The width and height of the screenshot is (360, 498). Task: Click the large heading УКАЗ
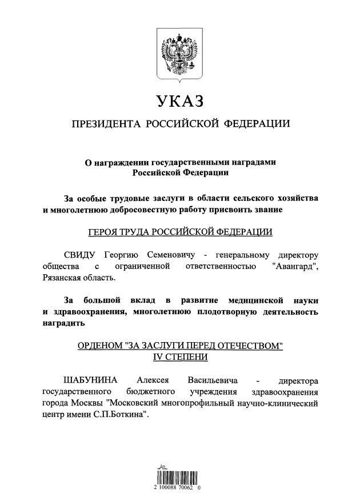click(179, 102)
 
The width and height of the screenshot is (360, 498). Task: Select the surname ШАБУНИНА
click(90, 380)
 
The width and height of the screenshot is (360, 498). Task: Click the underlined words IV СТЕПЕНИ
click(179, 356)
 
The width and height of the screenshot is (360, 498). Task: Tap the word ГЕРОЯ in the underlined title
click(105, 232)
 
